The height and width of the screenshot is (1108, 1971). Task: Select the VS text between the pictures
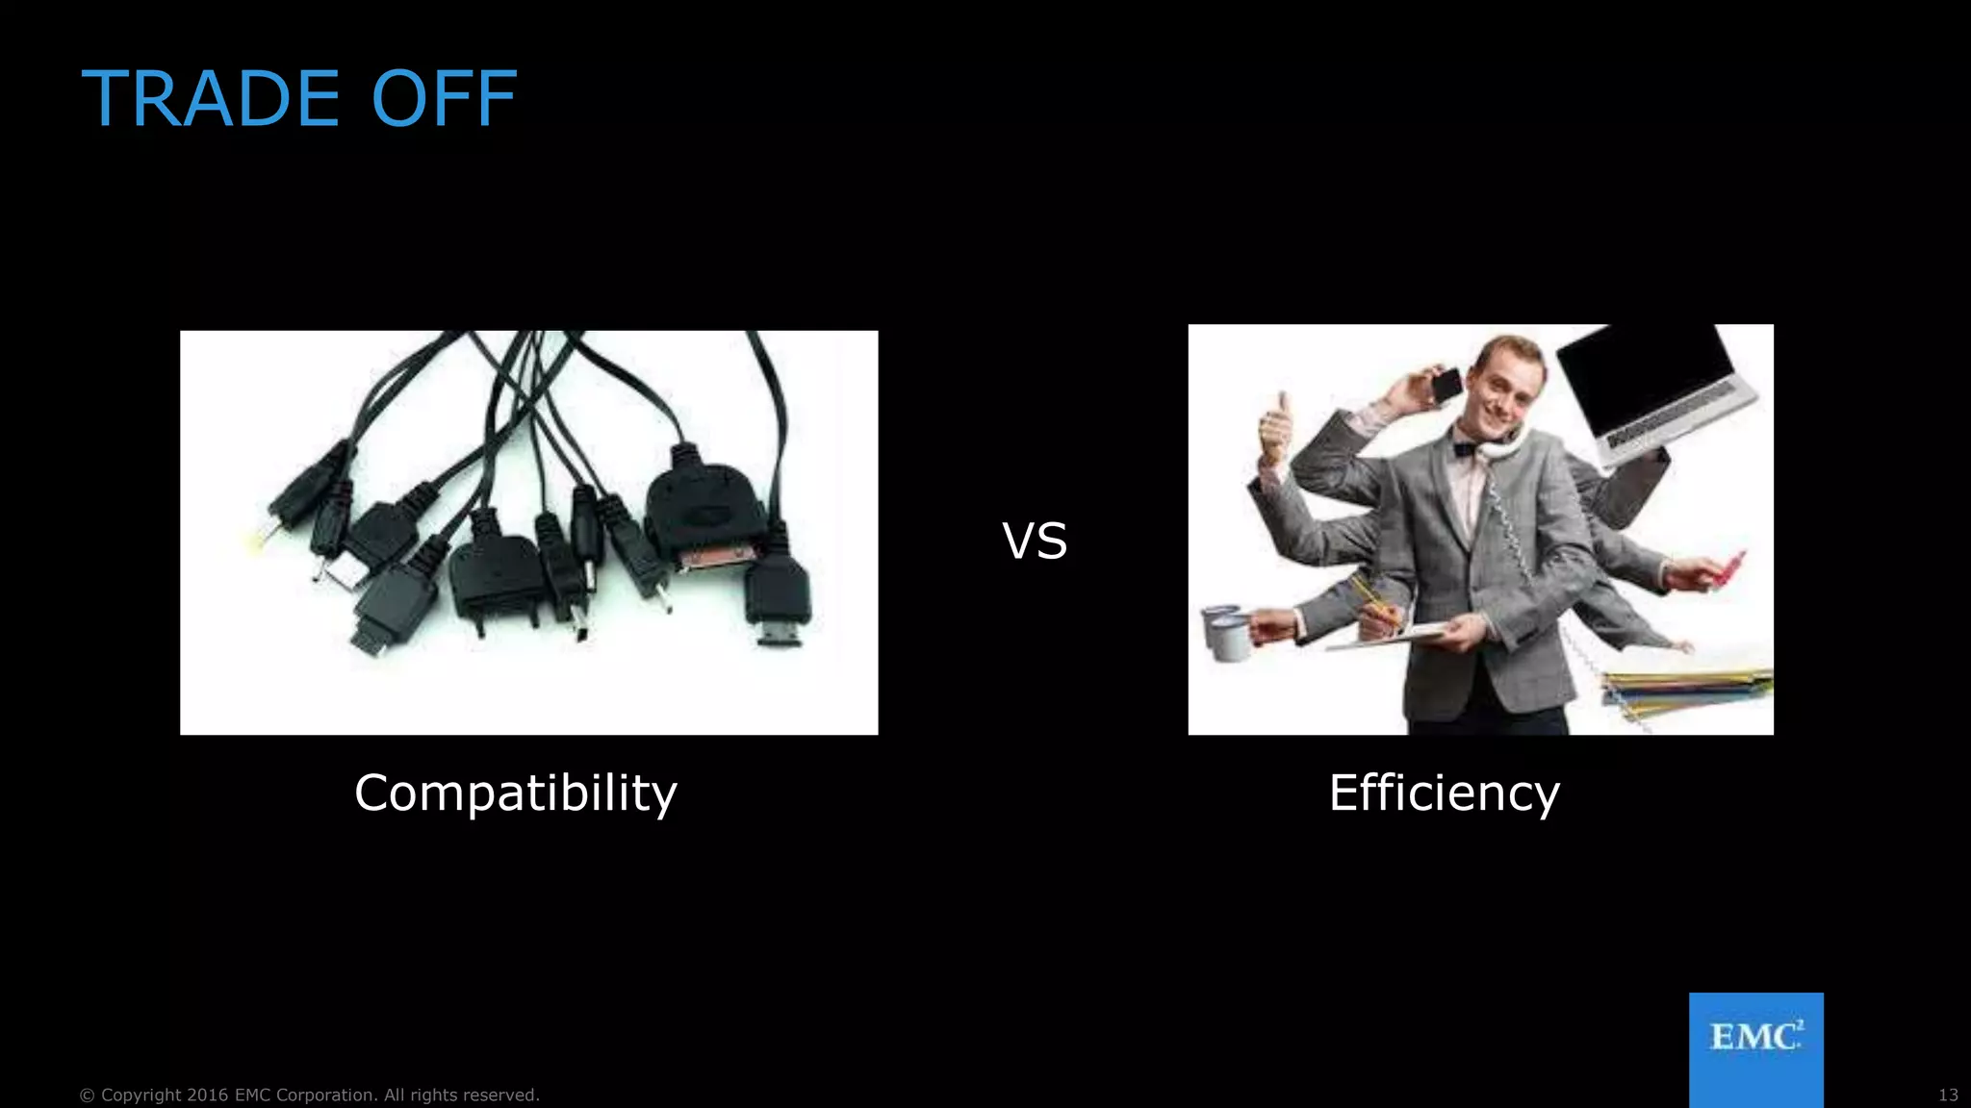click(1035, 541)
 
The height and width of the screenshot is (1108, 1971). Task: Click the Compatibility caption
click(516, 793)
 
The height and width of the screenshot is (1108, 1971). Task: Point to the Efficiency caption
click(1444, 793)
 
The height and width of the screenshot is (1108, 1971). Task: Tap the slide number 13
click(1948, 1095)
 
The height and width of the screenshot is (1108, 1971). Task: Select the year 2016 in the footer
click(208, 1095)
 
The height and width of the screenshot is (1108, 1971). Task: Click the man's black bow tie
click(1465, 447)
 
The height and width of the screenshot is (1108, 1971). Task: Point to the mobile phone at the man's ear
click(1446, 385)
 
